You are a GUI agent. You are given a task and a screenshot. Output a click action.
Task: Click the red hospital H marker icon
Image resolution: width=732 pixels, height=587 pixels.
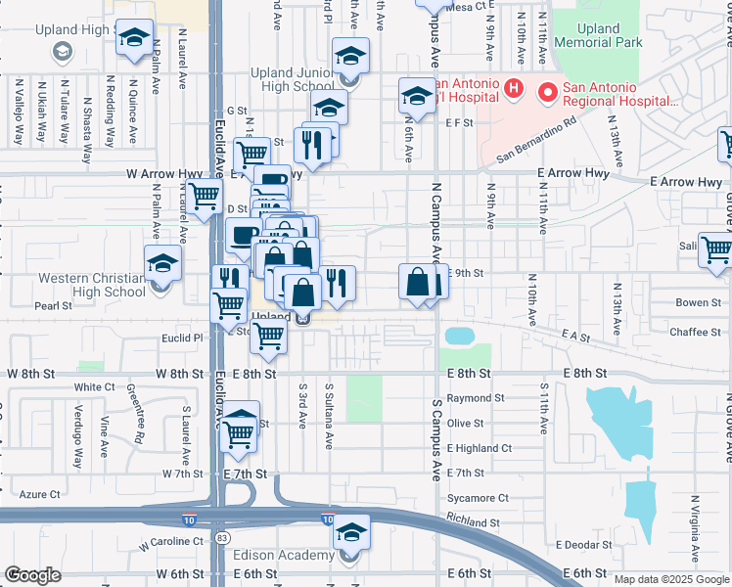click(514, 91)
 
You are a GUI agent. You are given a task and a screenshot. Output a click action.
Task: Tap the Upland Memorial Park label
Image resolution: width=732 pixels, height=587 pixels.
click(597, 35)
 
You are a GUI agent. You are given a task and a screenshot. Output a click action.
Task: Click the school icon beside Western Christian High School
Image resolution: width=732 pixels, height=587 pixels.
click(162, 263)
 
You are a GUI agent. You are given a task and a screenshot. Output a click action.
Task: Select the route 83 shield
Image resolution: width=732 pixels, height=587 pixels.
click(224, 537)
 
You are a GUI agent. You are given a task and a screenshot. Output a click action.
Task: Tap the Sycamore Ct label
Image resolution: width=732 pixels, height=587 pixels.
click(478, 498)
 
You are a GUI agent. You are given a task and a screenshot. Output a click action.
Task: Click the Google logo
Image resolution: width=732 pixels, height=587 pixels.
click(33, 574)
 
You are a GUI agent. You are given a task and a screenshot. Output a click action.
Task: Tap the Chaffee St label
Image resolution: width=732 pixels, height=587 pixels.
click(695, 333)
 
